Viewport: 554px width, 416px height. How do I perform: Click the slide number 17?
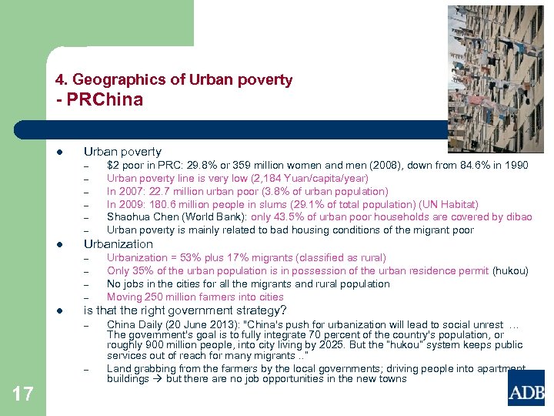tap(23, 394)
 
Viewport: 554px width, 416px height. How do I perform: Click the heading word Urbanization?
tap(118, 244)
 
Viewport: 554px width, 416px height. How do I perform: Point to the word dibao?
tap(518, 217)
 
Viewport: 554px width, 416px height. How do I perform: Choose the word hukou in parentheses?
tap(510, 270)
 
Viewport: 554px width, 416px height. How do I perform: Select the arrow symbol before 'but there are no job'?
tap(157, 378)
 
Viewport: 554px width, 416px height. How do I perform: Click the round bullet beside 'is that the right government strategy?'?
tap(60, 310)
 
